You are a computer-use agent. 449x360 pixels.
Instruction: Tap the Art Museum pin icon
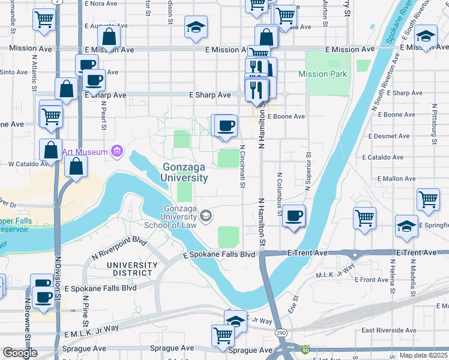click(117, 152)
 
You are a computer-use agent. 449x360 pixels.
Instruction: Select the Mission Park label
click(323, 74)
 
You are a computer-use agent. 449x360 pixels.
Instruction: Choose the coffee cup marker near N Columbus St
click(293, 216)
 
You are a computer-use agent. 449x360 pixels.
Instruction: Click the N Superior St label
click(307, 171)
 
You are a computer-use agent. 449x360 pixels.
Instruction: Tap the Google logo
click(20, 353)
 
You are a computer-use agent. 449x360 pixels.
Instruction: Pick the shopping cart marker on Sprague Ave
click(223, 334)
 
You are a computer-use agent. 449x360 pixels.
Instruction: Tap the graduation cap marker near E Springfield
click(407, 226)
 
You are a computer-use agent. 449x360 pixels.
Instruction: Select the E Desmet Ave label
click(386, 136)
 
